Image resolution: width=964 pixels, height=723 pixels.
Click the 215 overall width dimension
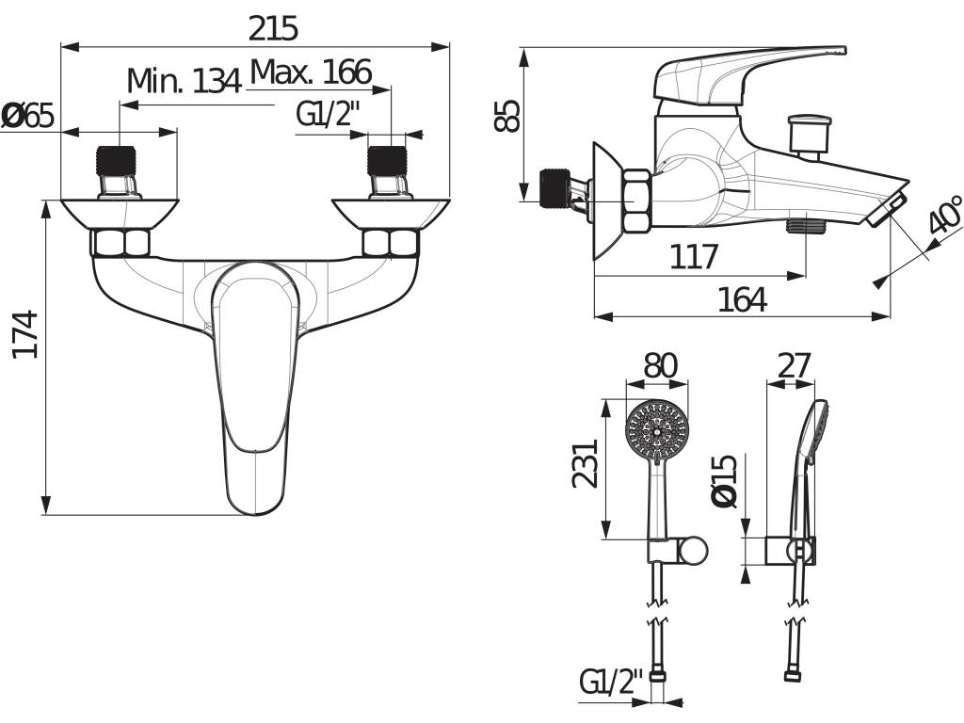[x=273, y=28]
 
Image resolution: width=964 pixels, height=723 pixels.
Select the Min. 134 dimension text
[x=184, y=81]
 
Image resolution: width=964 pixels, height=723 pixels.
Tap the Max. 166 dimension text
[x=311, y=72]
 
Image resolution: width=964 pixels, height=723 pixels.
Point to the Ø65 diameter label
[x=27, y=116]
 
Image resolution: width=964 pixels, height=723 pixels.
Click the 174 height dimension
[x=25, y=335]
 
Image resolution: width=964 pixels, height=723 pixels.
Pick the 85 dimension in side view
[x=507, y=116]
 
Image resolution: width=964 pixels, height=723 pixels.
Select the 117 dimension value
[x=694, y=256]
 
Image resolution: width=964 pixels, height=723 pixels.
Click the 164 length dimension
[x=743, y=300]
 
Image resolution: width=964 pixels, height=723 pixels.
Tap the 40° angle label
[x=944, y=215]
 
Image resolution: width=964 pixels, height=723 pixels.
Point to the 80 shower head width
[x=660, y=365]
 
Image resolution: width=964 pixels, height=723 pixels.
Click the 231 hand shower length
[x=585, y=463]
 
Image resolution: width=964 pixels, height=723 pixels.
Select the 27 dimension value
[x=795, y=366]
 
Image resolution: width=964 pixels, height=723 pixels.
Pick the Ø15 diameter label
[x=723, y=481]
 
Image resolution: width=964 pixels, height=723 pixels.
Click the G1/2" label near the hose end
[x=610, y=682]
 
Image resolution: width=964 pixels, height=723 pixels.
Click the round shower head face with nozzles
[x=656, y=429]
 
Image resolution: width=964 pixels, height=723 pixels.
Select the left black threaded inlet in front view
[x=116, y=161]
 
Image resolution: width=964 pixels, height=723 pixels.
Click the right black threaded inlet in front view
[x=387, y=161]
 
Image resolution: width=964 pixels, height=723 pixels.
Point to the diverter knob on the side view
[x=809, y=136]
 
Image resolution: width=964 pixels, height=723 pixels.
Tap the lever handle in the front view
[x=254, y=387]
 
